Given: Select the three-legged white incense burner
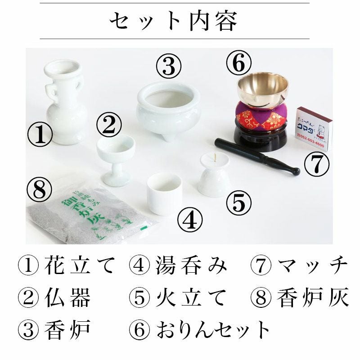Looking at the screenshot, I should (x=168, y=110).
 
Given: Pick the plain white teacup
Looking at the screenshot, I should (x=164, y=193).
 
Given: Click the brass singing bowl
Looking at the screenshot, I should (x=263, y=88).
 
